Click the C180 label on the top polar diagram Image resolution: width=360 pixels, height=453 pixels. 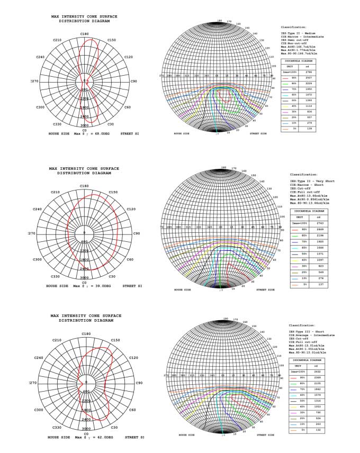coord(84,34)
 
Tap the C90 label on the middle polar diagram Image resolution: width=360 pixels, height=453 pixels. coord(137,233)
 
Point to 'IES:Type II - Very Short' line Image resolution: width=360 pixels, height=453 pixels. coord(310,182)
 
